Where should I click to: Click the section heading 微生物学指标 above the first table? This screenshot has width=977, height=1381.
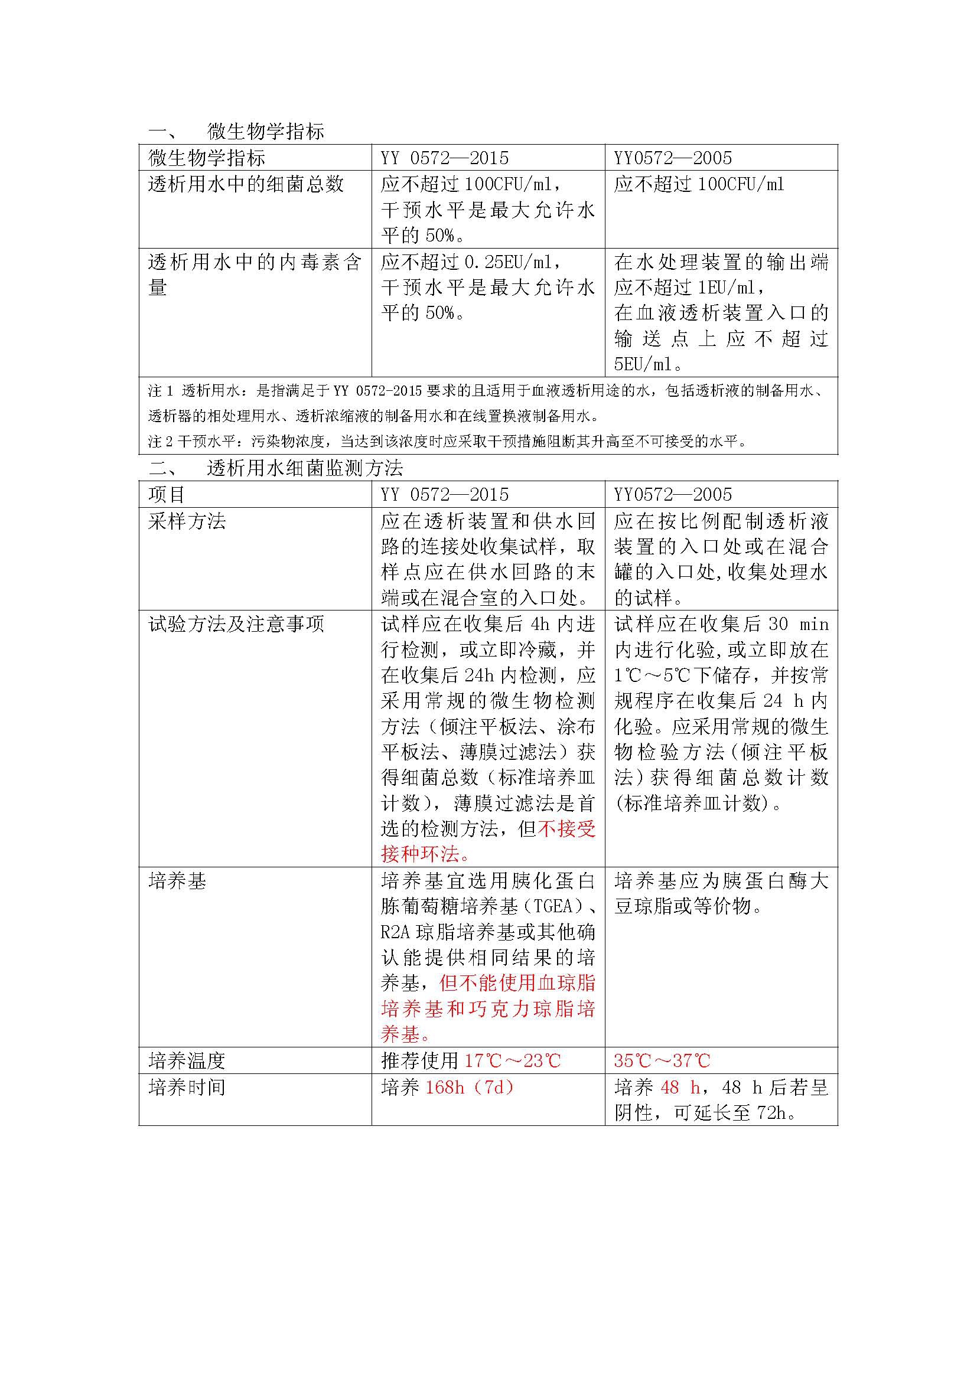(265, 131)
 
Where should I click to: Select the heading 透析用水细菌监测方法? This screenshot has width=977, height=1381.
(304, 468)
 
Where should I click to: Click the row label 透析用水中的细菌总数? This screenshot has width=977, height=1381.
(246, 184)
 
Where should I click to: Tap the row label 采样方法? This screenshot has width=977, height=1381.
(187, 521)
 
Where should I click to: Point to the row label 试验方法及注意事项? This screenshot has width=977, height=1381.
(236, 624)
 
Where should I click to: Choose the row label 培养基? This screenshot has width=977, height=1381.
(177, 881)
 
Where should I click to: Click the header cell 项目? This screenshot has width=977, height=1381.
(167, 494)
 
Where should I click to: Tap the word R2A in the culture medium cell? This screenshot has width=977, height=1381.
(395, 932)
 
